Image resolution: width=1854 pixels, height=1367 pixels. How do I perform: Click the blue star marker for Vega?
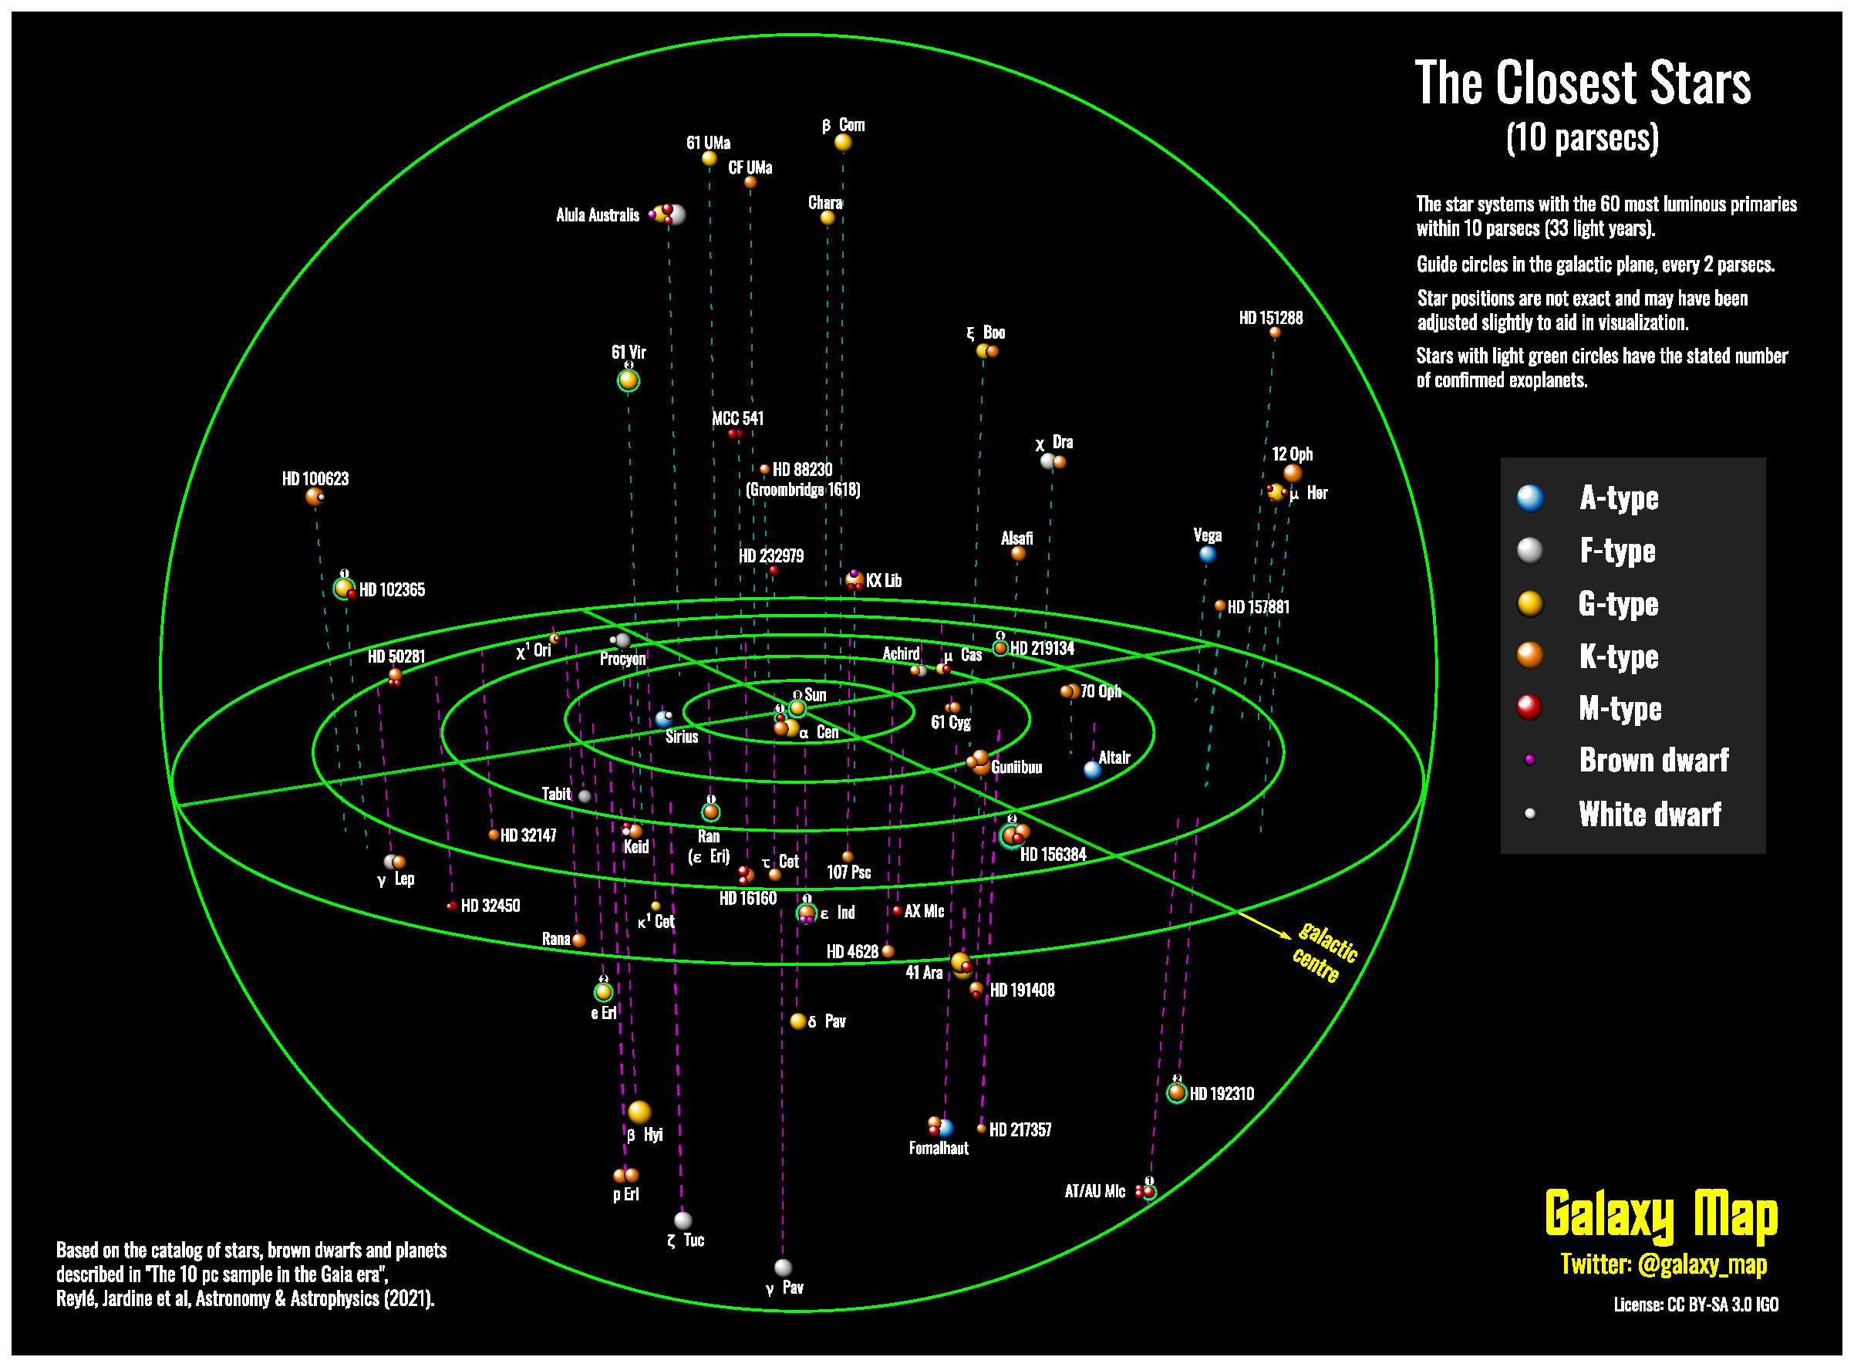point(1207,555)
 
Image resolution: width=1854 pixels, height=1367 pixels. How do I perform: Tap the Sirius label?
point(682,737)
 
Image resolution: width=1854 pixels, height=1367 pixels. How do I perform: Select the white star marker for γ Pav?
point(783,1267)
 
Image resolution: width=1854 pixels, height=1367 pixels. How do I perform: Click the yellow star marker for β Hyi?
point(639,1112)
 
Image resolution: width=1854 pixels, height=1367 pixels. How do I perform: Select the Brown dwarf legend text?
point(1653,760)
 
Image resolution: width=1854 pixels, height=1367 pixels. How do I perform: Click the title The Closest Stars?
point(1582,83)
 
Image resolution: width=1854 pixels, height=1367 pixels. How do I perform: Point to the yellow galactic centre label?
point(1323,953)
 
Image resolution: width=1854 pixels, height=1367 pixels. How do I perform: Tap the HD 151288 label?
point(1270,318)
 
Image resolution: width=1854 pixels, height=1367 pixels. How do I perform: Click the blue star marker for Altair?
point(1092,770)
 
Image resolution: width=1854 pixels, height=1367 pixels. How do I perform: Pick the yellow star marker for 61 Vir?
point(628,380)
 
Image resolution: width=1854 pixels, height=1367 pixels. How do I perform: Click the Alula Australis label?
point(598,215)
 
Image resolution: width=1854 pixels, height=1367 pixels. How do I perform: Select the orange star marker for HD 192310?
point(1176,1092)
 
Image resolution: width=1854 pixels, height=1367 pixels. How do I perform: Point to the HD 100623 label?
point(315,478)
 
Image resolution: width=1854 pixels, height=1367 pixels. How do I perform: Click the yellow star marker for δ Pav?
point(797,1021)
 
